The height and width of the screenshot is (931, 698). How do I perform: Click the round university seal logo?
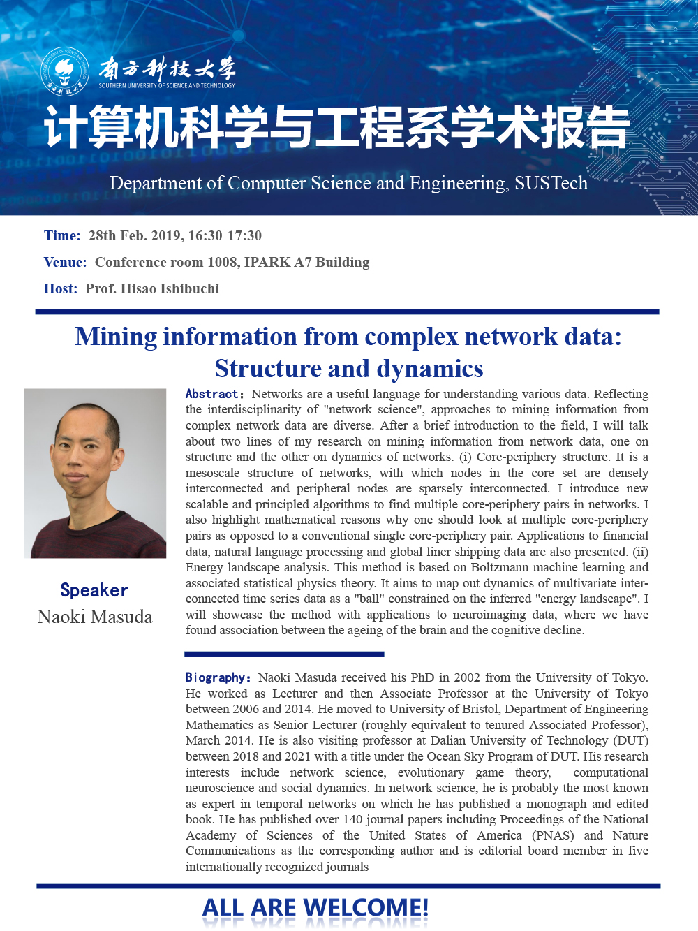coord(65,71)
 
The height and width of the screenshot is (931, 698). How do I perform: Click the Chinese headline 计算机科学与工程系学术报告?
coord(336,128)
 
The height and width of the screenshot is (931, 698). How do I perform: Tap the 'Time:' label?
coord(62,236)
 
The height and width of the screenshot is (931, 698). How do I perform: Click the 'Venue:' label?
coord(65,263)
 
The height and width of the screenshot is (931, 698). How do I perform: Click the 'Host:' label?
coord(61,289)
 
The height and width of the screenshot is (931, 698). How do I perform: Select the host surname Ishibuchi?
coord(190,289)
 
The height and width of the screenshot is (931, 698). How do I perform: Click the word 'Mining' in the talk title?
coord(116,337)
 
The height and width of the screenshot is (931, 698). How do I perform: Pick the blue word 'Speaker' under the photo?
coord(94,590)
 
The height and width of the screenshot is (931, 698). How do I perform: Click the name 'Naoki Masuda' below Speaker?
coord(95,617)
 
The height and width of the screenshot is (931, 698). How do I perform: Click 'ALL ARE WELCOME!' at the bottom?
coord(315,908)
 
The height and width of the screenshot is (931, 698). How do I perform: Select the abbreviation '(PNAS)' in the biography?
coord(553,835)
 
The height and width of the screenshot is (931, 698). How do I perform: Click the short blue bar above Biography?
coord(284,654)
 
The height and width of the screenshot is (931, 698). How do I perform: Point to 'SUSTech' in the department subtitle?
coord(551,183)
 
